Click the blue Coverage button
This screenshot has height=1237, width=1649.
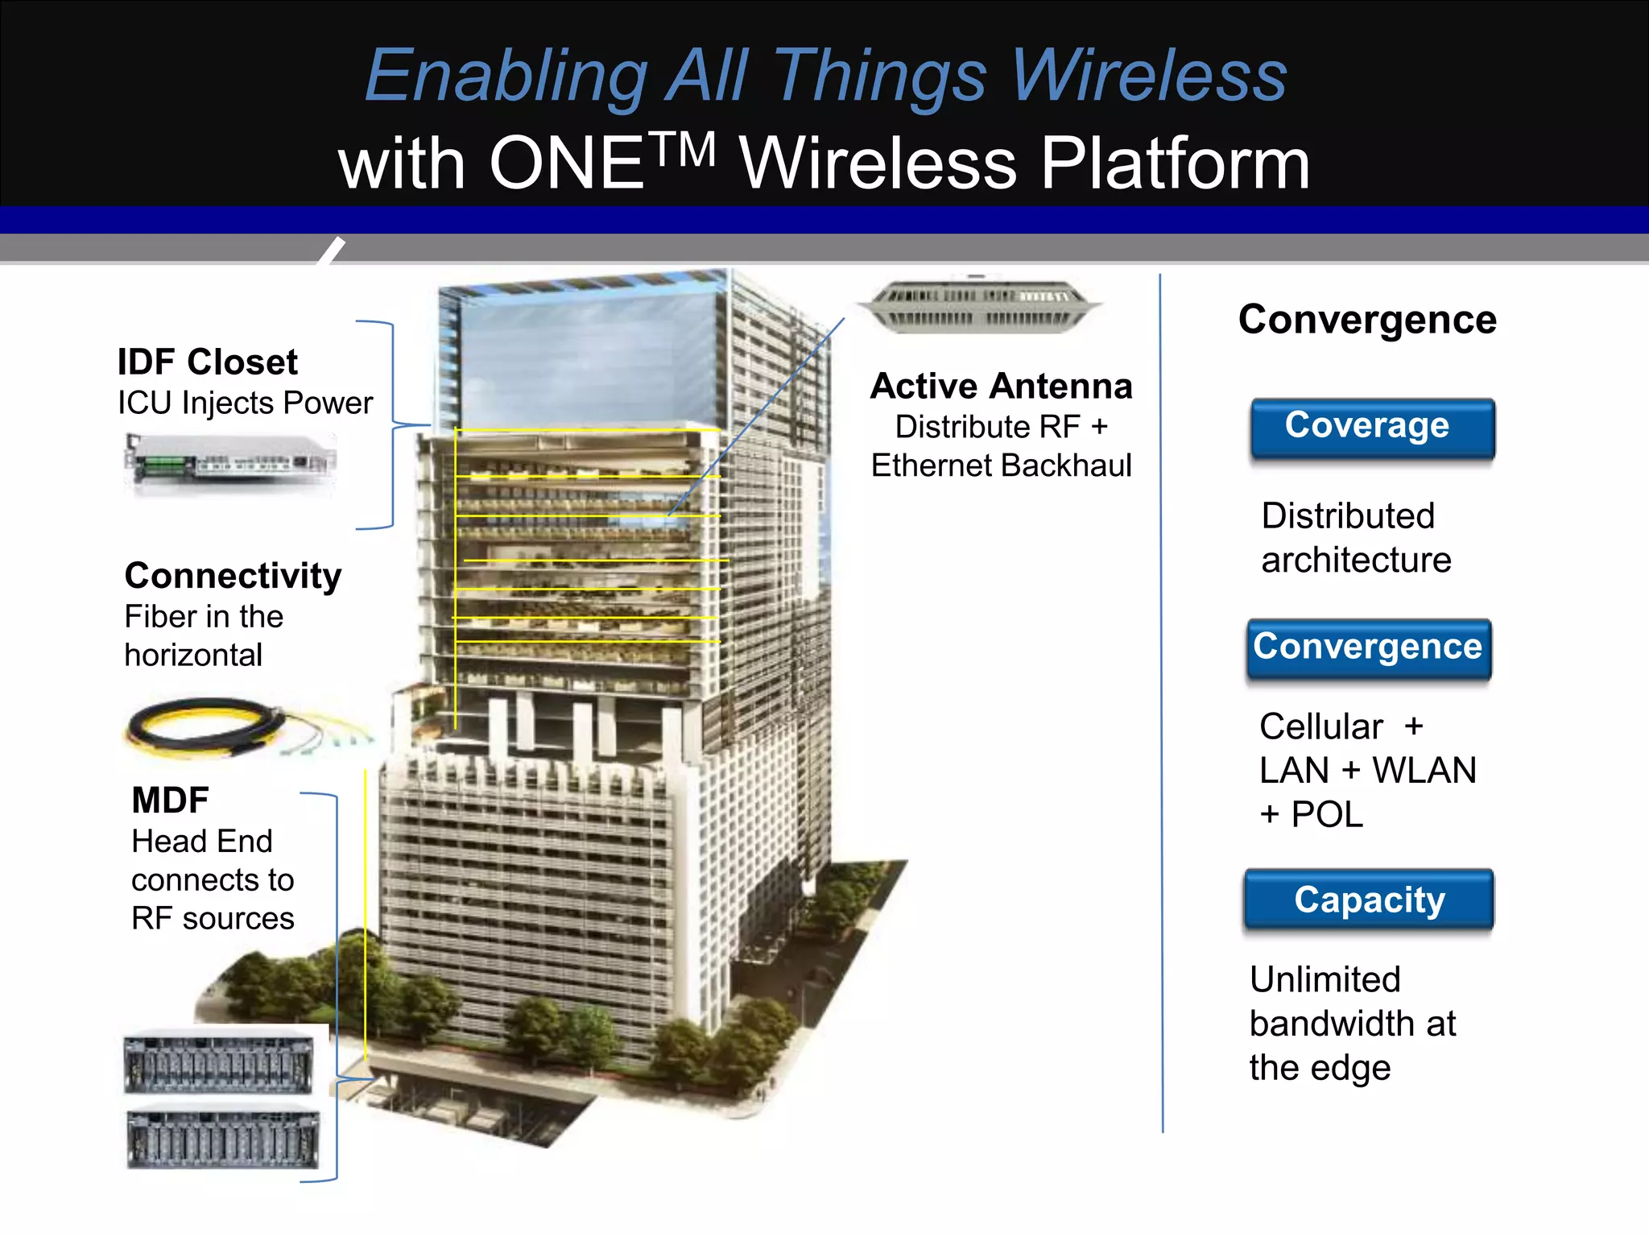click(1372, 428)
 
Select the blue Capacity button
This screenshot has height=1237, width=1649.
click(1369, 900)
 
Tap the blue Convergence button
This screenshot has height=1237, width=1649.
click(1368, 648)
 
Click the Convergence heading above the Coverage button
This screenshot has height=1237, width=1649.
click(1367, 320)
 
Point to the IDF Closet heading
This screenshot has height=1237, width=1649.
click(207, 362)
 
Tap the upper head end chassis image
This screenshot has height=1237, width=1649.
click(219, 1063)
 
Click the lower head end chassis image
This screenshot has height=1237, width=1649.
click(223, 1139)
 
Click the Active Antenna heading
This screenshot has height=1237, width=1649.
click(1001, 387)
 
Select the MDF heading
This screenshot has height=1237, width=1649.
click(170, 801)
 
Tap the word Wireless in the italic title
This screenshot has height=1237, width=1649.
click(1148, 76)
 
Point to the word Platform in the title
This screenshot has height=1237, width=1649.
click(1175, 164)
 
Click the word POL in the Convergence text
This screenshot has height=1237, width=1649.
click(1327, 815)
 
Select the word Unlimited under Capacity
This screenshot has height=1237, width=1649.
click(1325, 980)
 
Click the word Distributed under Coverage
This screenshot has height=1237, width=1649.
click(1348, 516)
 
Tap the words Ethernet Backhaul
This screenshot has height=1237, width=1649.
click(1001, 465)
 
